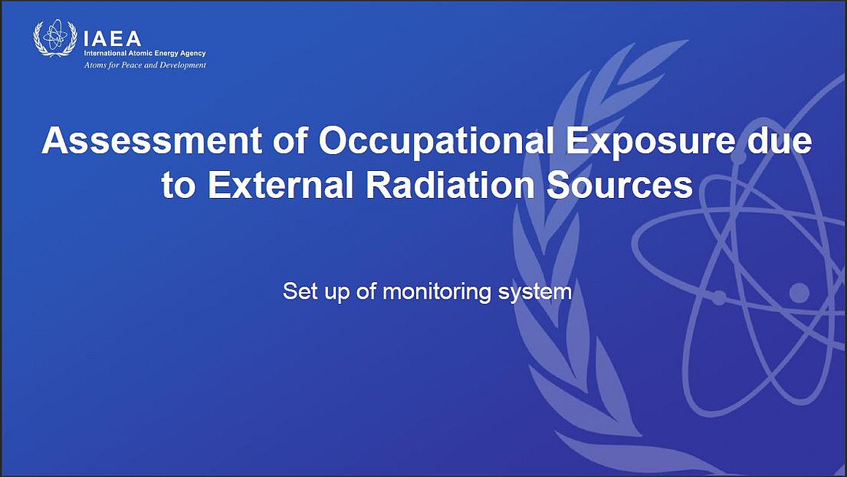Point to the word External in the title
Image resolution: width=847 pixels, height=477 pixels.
click(279, 186)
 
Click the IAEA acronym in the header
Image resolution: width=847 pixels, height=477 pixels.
click(112, 39)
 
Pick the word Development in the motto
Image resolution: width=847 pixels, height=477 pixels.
click(183, 66)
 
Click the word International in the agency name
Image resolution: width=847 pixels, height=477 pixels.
click(105, 53)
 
